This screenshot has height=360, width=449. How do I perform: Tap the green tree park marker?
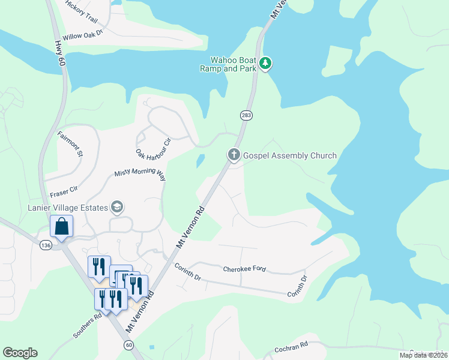tap(265, 62)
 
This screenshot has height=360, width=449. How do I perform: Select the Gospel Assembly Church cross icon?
tap(234, 155)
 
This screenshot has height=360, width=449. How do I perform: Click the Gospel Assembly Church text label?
tap(289, 156)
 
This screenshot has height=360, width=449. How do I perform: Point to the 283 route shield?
tap(245, 115)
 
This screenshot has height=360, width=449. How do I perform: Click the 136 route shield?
tap(46, 245)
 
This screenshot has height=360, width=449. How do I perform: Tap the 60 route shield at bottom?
tap(128, 345)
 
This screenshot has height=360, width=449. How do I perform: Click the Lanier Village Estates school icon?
tap(116, 208)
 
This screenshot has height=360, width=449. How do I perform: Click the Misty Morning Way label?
tap(140, 175)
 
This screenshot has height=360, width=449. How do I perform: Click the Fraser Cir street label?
tap(64, 193)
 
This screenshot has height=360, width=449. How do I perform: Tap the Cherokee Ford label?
tap(244, 270)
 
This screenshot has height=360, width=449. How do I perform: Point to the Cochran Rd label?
tap(291, 346)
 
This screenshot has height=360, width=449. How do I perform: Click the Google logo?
tap(20, 353)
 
